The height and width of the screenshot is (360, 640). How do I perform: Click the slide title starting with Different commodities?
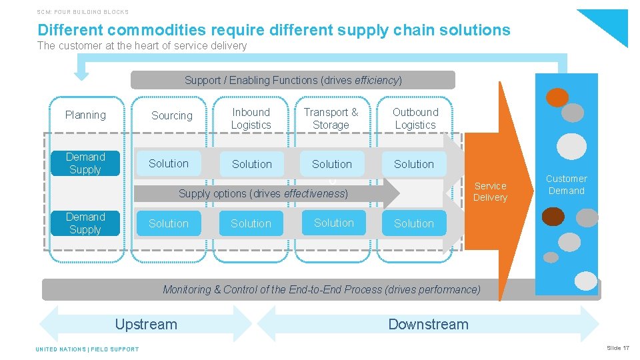click(x=274, y=30)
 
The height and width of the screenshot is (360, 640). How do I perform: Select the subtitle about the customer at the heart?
click(x=142, y=46)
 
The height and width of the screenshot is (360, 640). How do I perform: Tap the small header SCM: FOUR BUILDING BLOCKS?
click(x=83, y=12)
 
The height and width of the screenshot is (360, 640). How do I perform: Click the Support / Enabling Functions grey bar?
click(x=293, y=80)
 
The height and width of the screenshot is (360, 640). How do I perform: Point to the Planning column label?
click(x=85, y=115)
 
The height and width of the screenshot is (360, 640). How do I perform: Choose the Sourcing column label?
click(x=171, y=116)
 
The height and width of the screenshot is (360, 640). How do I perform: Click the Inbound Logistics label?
click(x=251, y=119)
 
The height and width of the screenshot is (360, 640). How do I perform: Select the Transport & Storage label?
click(x=331, y=119)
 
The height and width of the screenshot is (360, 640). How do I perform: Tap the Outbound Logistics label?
click(x=415, y=119)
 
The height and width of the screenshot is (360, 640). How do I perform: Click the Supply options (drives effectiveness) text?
click(x=263, y=194)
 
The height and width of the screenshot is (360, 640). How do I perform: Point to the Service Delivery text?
click(x=490, y=191)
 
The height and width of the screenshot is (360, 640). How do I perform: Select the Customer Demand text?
click(x=566, y=185)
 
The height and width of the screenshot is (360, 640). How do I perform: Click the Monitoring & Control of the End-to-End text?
click(x=321, y=289)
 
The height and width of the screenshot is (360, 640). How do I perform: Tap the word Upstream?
click(x=146, y=325)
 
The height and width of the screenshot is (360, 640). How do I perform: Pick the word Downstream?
click(x=428, y=325)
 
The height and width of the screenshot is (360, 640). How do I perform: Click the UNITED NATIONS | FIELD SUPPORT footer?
click(x=87, y=349)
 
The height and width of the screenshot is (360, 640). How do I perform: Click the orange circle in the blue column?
click(x=557, y=98)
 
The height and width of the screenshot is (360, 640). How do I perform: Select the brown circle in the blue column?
click(x=553, y=217)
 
